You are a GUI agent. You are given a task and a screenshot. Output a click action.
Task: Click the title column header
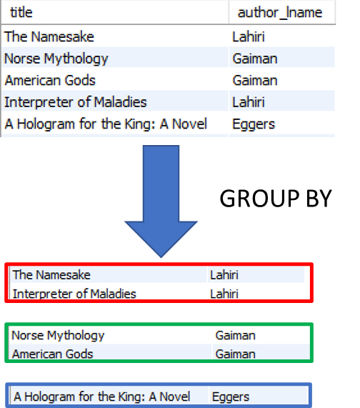[21, 12]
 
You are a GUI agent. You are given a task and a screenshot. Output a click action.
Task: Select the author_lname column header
[280, 12]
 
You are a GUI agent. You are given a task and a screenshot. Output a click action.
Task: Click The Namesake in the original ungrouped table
[49, 36]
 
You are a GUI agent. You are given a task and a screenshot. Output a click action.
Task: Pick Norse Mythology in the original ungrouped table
[56, 59]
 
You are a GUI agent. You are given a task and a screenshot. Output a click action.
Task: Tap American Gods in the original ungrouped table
[50, 80]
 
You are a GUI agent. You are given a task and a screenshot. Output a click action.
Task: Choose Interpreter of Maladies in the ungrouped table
[76, 102]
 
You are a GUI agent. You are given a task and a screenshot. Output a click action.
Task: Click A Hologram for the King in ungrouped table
[106, 124]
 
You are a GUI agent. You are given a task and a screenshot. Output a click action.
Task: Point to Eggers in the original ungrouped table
[254, 124]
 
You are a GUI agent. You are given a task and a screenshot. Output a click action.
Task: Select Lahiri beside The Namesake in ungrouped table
[249, 36]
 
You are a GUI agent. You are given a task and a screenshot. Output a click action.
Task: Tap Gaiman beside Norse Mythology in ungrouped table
[255, 59]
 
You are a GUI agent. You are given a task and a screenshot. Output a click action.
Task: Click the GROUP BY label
[276, 199]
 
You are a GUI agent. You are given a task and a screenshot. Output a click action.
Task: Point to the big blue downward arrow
[161, 201]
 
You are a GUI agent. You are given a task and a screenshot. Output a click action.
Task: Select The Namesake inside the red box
[51, 275]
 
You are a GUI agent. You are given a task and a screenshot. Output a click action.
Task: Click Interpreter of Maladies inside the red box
[74, 294]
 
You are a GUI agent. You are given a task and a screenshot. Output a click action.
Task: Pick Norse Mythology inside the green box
[58, 336]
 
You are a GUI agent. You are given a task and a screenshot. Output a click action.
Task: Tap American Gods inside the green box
[53, 354]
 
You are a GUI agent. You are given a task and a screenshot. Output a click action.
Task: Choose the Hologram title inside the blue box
[101, 397]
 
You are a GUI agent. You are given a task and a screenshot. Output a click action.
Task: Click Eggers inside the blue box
[231, 397]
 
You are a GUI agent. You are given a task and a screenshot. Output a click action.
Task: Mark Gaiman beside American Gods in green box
[236, 354]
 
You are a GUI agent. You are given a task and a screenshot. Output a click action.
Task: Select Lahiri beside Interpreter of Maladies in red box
[224, 294]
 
